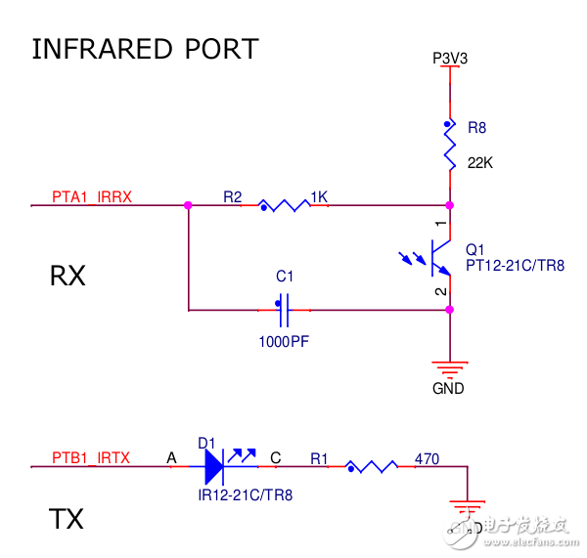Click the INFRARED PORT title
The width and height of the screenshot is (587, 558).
point(145,49)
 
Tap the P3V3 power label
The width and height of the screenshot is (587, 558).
point(450,59)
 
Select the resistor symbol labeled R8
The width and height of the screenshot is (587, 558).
point(450,147)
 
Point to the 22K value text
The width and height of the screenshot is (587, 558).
point(480,164)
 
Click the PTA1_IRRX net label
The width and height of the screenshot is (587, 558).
point(92,196)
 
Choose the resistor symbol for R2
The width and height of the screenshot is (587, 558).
point(284,206)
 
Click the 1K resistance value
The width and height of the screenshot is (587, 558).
point(319,196)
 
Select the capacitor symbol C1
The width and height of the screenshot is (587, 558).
point(284,312)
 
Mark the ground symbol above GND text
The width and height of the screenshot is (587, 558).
point(449,368)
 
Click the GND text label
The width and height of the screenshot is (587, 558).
point(450,388)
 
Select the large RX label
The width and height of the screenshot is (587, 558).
point(68,277)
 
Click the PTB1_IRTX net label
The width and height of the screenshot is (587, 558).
point(91,457)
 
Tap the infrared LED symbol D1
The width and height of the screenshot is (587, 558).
point(215,467)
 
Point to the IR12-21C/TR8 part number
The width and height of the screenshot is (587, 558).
point(245,495)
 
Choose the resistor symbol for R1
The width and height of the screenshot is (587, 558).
point(370,468)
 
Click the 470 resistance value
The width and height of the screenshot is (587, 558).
point(427,457)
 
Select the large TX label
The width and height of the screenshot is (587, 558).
point(67,519)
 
